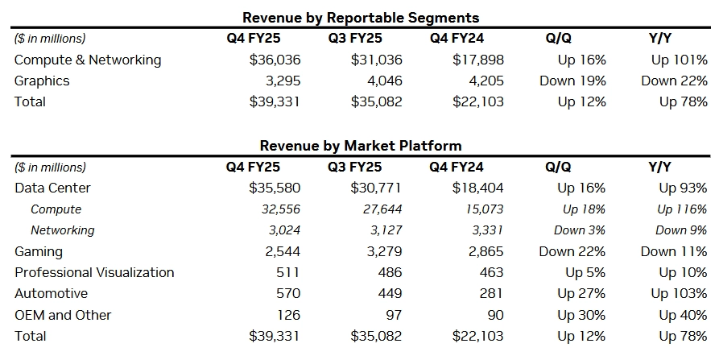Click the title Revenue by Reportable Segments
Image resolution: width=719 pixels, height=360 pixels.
(361, 17)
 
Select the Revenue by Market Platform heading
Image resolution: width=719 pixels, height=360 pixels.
(361, 146)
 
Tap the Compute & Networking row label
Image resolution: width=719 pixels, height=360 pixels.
(88, 60)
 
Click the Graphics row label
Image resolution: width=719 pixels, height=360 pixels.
(42, 81)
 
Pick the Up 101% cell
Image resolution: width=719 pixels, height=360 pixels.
(679, 60)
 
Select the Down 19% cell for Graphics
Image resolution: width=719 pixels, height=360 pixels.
(572, 81)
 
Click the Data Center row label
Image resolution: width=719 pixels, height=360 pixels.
(52, 188)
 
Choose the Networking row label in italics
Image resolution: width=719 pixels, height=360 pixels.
(62, 230)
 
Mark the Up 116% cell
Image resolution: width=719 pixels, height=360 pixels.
(682, 209)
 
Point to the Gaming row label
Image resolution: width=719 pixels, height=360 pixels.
(39, 251)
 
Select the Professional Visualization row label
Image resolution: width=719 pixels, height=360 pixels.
(94, 272)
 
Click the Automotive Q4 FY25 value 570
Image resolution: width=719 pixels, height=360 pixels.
(287, 293)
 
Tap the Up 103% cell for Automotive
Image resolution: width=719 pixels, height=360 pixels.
(679, 293)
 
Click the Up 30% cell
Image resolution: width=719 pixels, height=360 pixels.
(581, 315)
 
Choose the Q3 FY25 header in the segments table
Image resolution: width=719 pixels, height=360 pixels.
(355, 38)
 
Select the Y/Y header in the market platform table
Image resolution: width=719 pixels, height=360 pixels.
(659, 167)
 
